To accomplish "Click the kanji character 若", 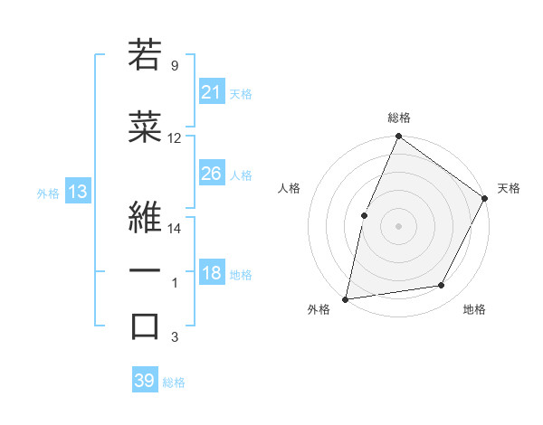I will pos(145,53).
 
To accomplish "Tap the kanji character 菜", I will pos(145,128).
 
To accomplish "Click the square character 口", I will pos(145,326).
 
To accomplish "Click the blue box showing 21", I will pos(211,92).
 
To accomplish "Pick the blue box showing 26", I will pos(211,174).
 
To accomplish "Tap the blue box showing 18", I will pos(211,274).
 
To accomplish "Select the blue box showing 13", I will pos(77,192).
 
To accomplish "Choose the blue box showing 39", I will pos(145,381).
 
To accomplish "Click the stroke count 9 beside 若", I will pos(174,66).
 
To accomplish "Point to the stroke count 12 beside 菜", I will pos(175,138).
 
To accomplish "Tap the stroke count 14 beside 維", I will pos(175,229).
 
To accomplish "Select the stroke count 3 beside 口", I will pos(174,337).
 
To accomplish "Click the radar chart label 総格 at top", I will pos(398,118).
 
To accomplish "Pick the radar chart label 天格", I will pos(509,188).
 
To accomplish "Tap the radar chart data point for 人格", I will pos(364,215).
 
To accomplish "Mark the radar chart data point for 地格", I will pos(442,285).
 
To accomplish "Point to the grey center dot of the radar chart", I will pos(398,226).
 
